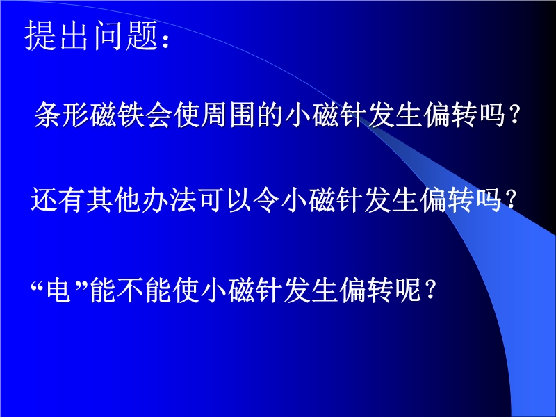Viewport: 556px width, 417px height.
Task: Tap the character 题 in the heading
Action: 142,35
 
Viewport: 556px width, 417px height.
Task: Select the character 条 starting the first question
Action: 48,114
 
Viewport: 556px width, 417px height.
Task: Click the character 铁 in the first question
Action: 131,114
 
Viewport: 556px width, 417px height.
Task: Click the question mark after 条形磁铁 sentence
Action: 514,115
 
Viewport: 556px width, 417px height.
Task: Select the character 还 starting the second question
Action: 44,200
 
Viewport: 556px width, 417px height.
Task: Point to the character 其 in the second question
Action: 99,200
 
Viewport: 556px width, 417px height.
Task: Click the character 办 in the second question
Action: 155,200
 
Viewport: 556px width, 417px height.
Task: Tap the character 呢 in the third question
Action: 408,290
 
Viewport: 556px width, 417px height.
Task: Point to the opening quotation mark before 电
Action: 37,284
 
